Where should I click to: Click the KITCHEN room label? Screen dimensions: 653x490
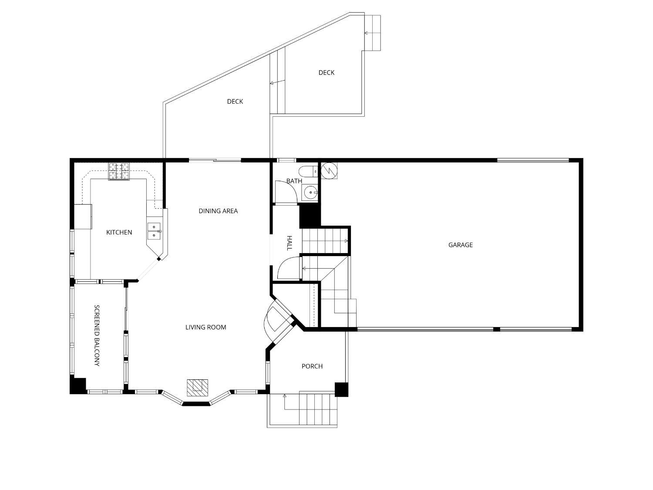point(119,232)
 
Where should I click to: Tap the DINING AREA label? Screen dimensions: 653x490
point(218,211)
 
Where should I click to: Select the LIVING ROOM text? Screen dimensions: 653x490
point(205,327)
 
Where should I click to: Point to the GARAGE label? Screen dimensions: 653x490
point(460,245)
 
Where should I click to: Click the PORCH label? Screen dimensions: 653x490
point(312,366)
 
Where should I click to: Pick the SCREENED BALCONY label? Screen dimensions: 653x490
point(97,335)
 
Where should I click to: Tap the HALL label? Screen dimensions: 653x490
point(289,243)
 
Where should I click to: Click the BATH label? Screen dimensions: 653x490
point(294,181)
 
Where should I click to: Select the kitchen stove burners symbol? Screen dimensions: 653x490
point(119,171)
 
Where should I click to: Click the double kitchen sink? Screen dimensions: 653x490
point(154,231)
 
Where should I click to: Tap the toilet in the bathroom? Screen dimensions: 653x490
point(308,172)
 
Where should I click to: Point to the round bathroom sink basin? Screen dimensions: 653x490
point(310,193)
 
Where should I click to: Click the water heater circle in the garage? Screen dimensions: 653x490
point(329,171)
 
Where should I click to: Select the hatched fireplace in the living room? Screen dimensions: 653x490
point(197,388)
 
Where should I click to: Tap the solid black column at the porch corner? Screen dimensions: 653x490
point(341,389)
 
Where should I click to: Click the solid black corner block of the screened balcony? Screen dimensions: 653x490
point(78,386)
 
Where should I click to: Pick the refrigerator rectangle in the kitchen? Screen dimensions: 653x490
point(83,216)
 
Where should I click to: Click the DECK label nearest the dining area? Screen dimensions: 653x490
point(235,102)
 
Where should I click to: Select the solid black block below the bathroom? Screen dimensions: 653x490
point(310,216)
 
